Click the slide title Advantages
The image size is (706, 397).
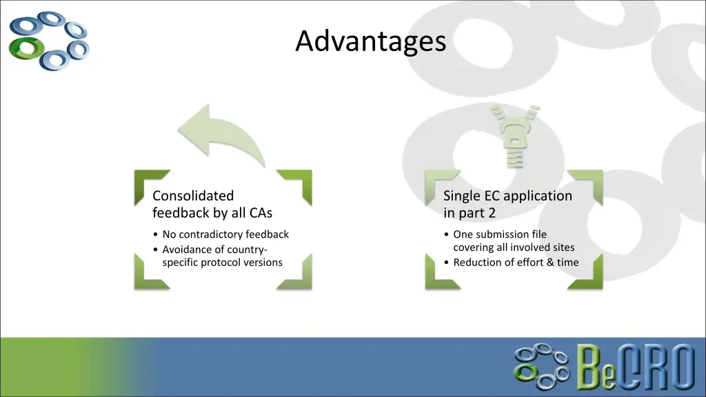(x=371, y=41)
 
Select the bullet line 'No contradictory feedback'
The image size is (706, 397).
(x=225, y=234)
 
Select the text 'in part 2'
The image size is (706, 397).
(x=470, y=213)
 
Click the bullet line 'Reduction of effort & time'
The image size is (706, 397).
(x=516, y=262)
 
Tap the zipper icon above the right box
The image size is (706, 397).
(x=512, y=134)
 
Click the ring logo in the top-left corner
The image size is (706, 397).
(x=49, y=40)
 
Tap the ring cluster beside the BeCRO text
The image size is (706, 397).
(x=542, y=364)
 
